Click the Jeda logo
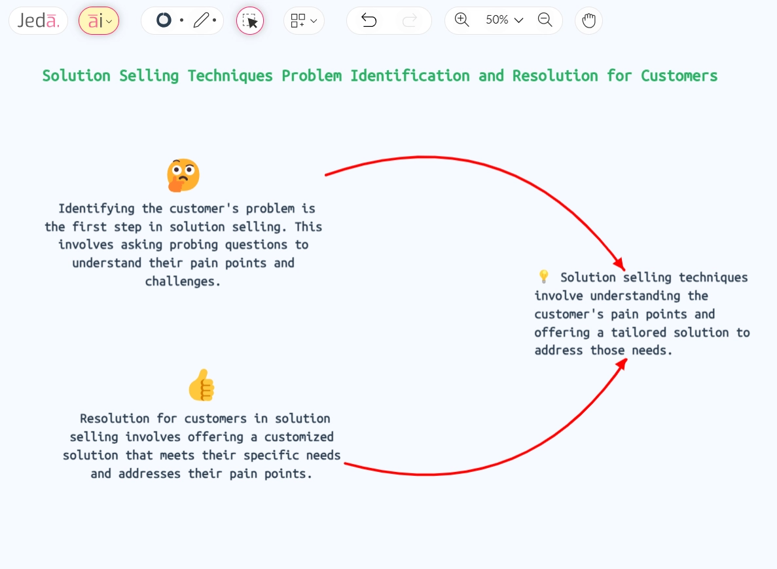tap(38, 21)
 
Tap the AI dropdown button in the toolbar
tap(99, 21)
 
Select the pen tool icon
tap(202, 21)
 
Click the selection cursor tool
tap(250, 21)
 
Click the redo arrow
tap(410, 21)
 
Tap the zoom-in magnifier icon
tap(461, 20)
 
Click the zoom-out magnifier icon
tap(545, 20)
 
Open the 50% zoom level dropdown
tap(504, 20)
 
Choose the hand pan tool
tap(588, 21)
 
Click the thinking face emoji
tap(183, 175)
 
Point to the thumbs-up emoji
tap(202, 385)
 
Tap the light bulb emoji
tap(543, 277)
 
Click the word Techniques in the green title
tap(230, 76)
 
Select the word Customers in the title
tap(679, 76)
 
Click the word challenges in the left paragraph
tap(183, 281)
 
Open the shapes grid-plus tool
tap(304, 21)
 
